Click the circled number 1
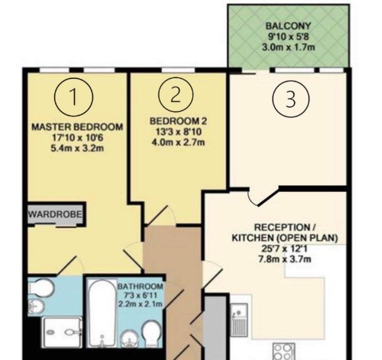coord(74,96)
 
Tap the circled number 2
coord(176,95)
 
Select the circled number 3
coord(290,99)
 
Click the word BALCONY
coord(288,26)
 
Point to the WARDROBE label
coord(55,214)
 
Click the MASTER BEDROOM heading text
coord(77,127)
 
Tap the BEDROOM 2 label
coord(179,121)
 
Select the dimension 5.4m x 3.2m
coord(77,148)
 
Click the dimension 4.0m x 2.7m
coord(178,142)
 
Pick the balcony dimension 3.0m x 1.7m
coord(288,47)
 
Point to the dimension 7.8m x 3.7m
coord(285,259)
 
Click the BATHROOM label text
coord(140,286)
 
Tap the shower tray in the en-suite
coord(62,332)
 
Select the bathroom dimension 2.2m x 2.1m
coord(140,304)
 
